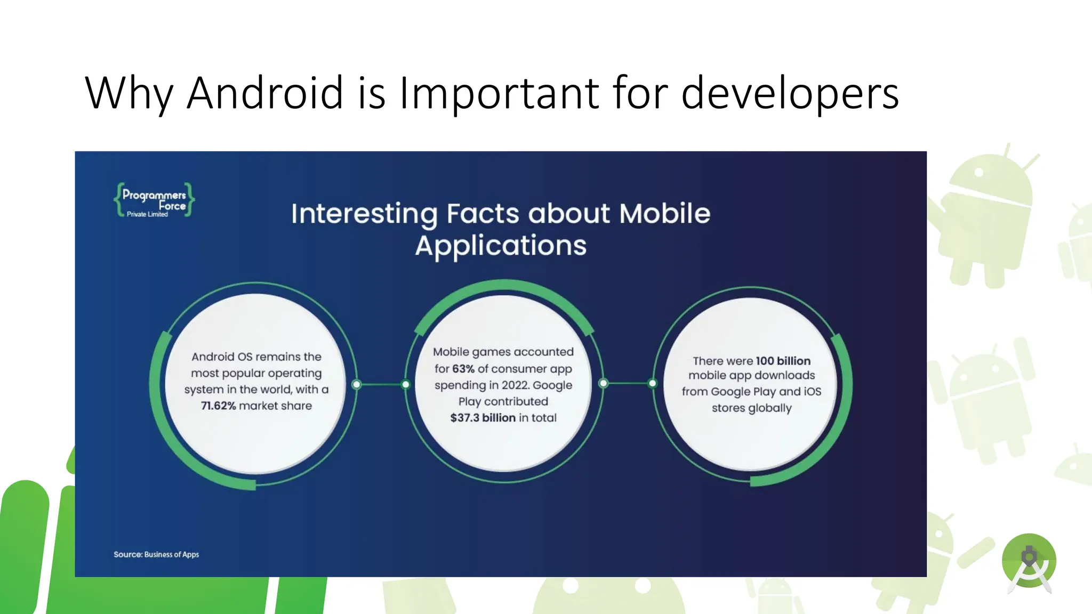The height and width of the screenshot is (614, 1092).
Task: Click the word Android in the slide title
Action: pyautogui.click(x=265, y=93)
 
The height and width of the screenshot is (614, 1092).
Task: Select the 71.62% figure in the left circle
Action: pyautogui.click(x=218, y=406)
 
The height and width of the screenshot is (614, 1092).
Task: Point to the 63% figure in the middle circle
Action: pyautogui.click(x=463, y=369)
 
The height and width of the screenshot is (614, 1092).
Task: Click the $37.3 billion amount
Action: pyautogui.click(x=483, y=418)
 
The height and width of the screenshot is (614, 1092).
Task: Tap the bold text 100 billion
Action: pyautogui.click(x=783, y=361)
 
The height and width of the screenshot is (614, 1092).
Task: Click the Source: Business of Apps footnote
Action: pyautogui.click(x=156, y=554)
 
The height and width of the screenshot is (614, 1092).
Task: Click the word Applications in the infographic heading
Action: pyautogui.click(x=501, y=246)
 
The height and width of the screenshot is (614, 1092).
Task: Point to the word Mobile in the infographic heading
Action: pyautogui.click(x=664, y=213)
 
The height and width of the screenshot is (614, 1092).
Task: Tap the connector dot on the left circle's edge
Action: pyautogui.click(x=357, y=384)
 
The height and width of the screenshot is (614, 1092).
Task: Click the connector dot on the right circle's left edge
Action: pyautogui.click(x=652, y=383)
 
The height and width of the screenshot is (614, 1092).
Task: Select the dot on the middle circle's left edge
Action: pyautogui.click(x=406, y=384)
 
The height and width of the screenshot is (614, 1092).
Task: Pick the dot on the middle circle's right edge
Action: pyautogui.click(x=603, y=383)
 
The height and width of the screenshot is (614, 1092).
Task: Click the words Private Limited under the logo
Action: pyautogui.click(x=147, y=214)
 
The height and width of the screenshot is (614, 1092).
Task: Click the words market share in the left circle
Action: pyautogui.click(x=275, y=406)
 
